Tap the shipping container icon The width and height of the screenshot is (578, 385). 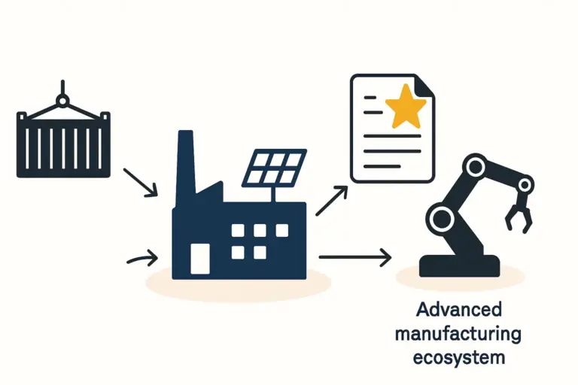coord(63,144)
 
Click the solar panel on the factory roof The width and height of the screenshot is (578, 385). coord(275,167)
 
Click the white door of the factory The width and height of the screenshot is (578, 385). coord(200,258)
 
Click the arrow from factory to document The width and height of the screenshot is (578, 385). coord(332,202)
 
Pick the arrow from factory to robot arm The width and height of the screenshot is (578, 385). coord(355,258)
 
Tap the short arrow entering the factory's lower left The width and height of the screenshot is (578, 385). coord(142,259)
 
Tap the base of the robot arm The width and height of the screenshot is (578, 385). coord(459,265)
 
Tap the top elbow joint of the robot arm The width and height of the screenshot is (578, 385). coord(474,166)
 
